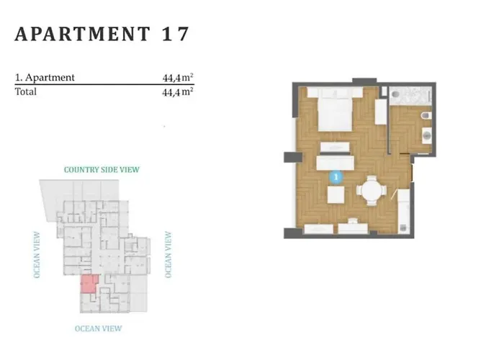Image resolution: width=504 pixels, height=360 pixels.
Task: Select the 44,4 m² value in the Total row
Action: [178, 92]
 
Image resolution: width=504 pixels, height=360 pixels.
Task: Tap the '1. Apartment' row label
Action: [45, 78]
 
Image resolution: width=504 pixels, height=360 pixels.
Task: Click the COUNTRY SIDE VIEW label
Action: [102, 170]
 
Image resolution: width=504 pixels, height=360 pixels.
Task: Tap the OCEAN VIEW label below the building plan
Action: [99, 328]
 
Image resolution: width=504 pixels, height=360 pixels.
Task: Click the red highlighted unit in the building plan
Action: [87, 284]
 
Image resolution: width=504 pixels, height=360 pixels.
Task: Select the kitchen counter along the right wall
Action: [405, 209]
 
